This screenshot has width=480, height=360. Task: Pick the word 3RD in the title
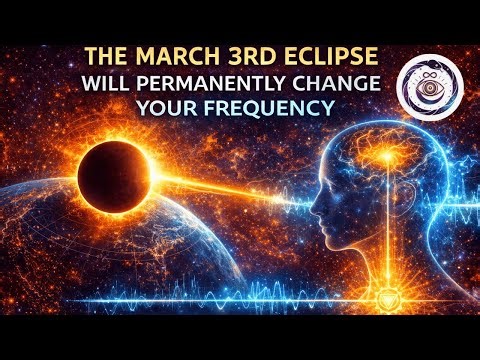pyautogui.click(x=234, y=56)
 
